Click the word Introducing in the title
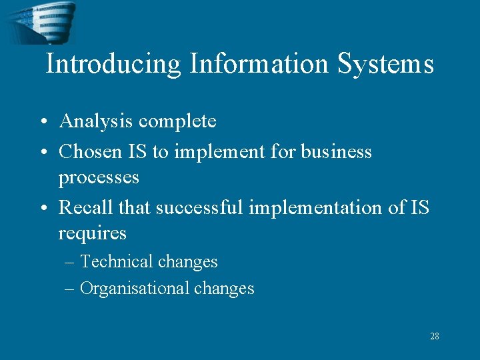[x=113, y=65]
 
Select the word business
[x=336, y=152]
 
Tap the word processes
[x=99, y=177]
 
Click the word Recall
[x=85, y=208]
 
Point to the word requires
[x=92, y=233]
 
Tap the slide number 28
[x=435, y=336]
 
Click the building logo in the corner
[x=41, y=22]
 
